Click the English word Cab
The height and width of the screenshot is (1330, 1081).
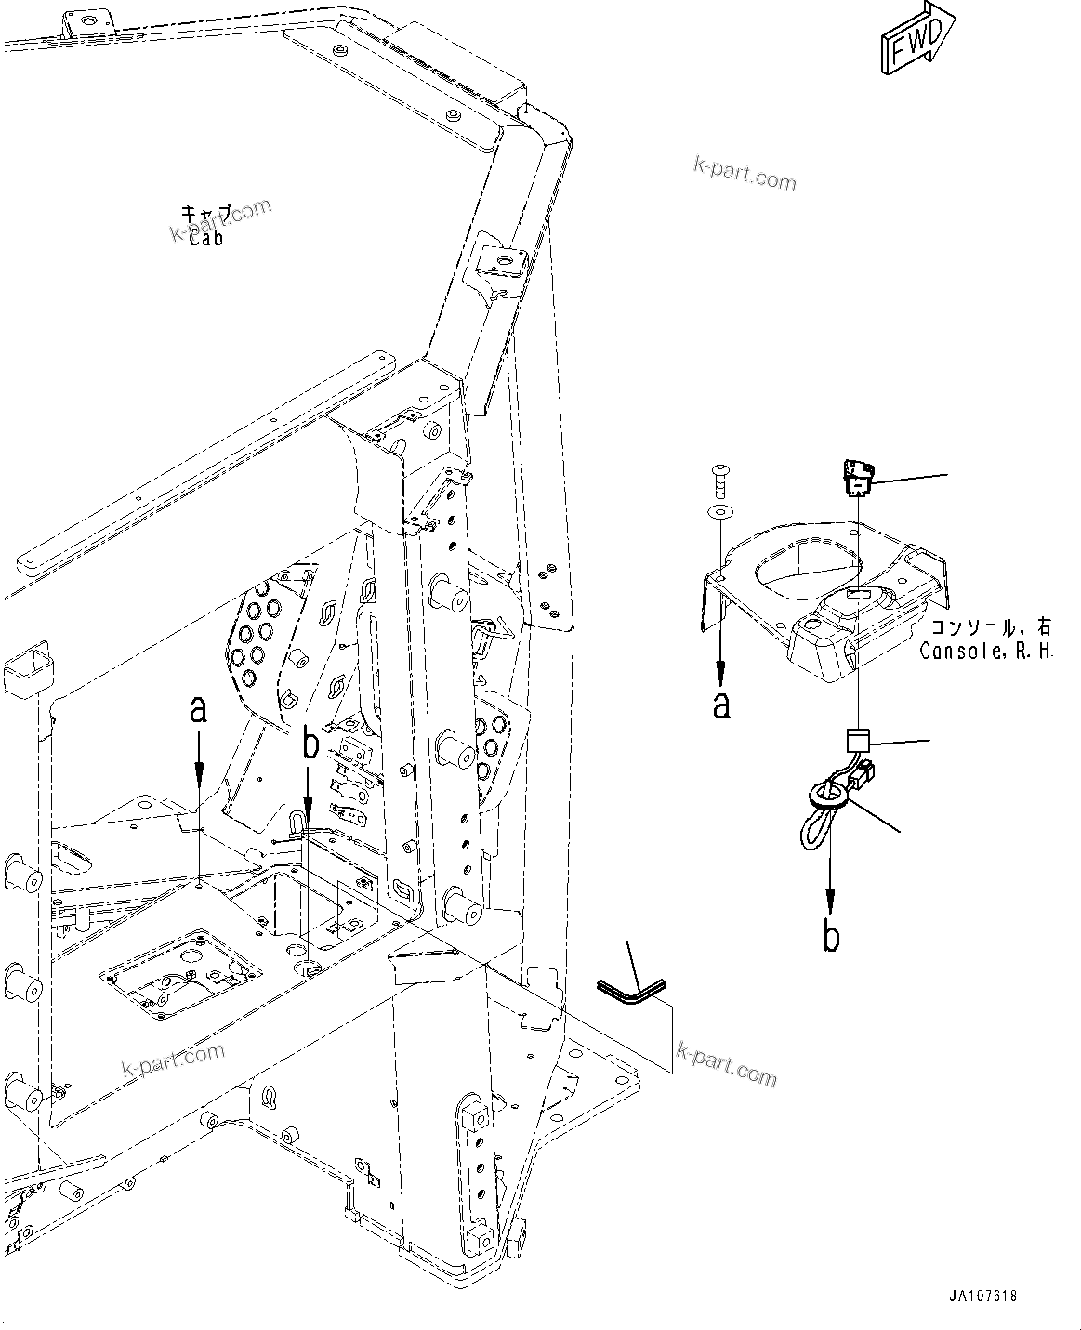[205, 239]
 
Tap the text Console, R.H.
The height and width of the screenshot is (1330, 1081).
[986, 652]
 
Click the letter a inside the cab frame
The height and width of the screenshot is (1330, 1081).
[197, 711]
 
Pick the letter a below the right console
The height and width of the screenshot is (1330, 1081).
[721, 704]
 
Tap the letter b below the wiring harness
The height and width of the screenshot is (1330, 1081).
[831, 936]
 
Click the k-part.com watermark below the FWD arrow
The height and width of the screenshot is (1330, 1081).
[745, 173]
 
